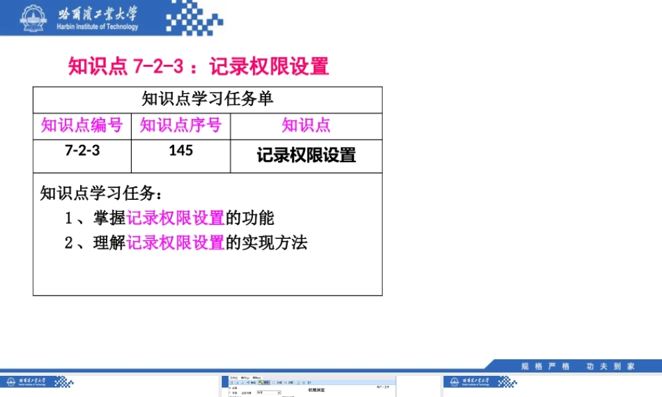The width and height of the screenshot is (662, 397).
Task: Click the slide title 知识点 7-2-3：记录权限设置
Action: tap(199, 67)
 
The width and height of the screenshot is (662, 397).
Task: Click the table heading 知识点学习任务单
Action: tap(207, 99)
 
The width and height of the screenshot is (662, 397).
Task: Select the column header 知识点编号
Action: tap(82, 125)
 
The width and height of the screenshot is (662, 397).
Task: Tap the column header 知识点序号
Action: tap(181, 125)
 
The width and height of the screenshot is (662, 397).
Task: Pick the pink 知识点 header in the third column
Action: tap(306, 125)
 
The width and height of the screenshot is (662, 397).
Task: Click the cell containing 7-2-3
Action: tap(82, 150)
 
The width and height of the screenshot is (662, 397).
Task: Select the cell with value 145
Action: tap(181, 150)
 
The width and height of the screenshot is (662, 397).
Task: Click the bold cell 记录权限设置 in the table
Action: tap(306, 155)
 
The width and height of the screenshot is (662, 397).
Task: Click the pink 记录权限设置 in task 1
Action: tap(175, 218)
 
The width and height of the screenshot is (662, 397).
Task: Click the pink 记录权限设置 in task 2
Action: tap(175, 243)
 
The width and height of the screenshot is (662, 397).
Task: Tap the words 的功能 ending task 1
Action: tap(250, 218)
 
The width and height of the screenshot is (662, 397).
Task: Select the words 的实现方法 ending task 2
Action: tap(267, 243)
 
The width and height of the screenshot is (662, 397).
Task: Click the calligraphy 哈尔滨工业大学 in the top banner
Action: tap(97, 13)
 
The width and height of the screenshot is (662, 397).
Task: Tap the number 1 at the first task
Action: tap(68, 218)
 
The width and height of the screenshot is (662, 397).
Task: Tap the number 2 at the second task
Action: tap(68, 243)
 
